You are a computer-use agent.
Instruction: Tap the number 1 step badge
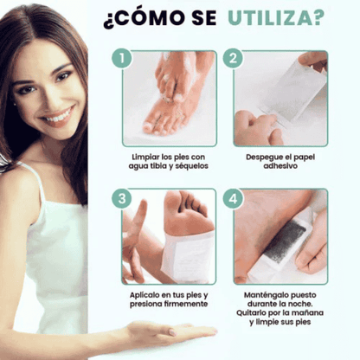(123, 59)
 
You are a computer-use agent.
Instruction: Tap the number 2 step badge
(231, 59)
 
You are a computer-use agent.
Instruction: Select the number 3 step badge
(123, 197)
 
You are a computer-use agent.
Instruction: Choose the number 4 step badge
(231, 197)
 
